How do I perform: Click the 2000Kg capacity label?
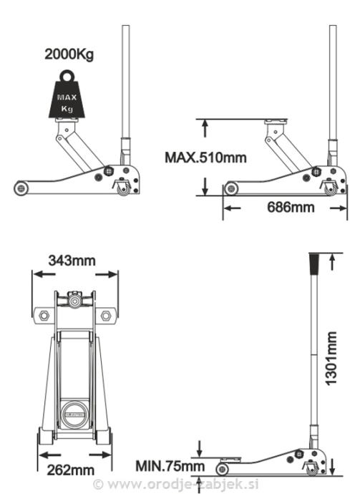(x=69, y=54)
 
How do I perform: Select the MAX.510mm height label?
(x=205, y=158)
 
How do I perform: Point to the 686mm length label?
(x=291, y=208)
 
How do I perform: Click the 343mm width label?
(x=72, y=261)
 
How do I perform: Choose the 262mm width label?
(x=71, y=470)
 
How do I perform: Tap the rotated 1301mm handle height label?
(x=331, y=359)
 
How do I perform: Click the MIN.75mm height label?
(x=170, y=466)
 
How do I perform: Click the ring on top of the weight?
(x=67, y=76)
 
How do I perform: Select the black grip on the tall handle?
(x=313, y=264)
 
